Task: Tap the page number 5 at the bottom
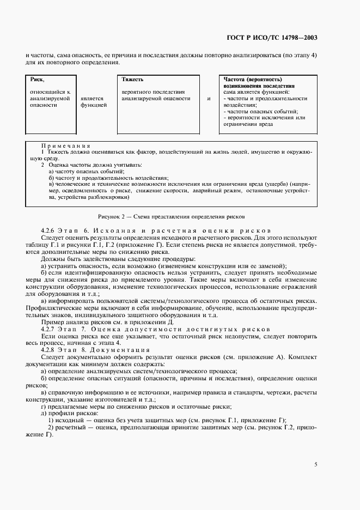pyautogui.click(x=316, y=464)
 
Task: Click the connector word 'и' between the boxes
pyautogui.click(x=209, y=99)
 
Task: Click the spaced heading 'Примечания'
pyautogui.click(x=65, y=146)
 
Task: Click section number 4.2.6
pyautogui.click(x=50, y=231)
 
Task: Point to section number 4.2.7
pyautogui.click(x=50, y=330)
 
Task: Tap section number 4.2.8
pyautogui.click(x=50, y=349)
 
